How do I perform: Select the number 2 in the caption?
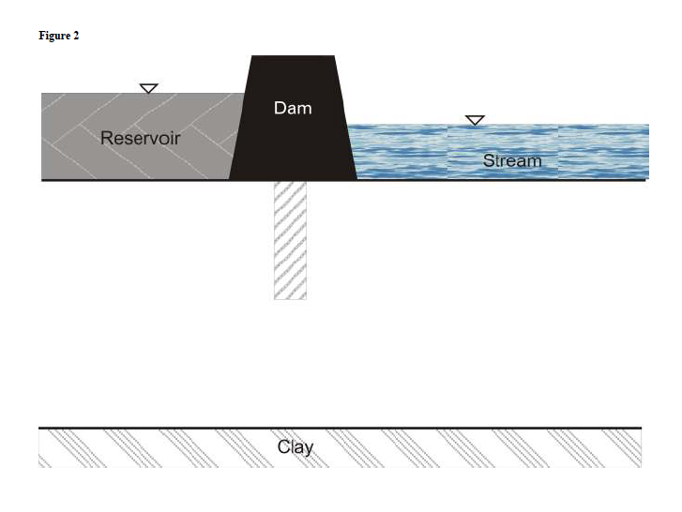[x=76, y=36]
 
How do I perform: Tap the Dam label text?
[x=293, y=108]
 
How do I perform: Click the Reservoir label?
[x=140, y=139]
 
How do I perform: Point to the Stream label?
[x=512, y=161]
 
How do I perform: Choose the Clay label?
[x=296, y=446]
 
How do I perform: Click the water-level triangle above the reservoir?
[x=148, y=88]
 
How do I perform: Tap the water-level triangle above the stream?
[x=476, y=120]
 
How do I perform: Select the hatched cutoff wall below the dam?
[x=290, y=239]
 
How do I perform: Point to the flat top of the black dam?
[x=293, y=57]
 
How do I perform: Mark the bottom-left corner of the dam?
[x=231, y=178]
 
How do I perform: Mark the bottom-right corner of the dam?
[x=356, y=178]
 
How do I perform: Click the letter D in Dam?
[x=280, y=108]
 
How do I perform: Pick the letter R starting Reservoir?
[x=106, y=139]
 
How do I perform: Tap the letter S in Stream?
[x=489, y=161]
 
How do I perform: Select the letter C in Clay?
[x=283, y=446]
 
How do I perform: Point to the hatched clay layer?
[x=469, y=447]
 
